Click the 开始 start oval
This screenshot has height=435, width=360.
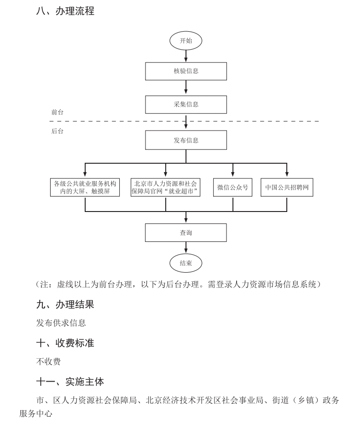[x=186, y=41]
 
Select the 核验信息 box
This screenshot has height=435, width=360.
[x=186, y=71]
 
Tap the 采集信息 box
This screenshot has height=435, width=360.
[x=186, y=104]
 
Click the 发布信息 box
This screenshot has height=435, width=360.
[x=186, y=140]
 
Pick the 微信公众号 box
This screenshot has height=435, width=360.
[x=232, y=188]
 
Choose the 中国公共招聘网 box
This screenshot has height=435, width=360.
[x=287, y=188]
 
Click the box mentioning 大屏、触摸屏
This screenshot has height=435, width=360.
[x=85, y=188]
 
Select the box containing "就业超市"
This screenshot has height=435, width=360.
[x=166, y=188]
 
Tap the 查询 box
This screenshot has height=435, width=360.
[x=186, y=233]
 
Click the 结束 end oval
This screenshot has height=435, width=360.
[x=186, y=263]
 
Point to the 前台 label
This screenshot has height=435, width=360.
[x=58, y=112]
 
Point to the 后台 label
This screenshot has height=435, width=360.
[x=58, y=131]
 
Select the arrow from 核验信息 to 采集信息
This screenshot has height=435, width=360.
[x=186, y=88]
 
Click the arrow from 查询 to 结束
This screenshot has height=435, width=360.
[x=186, y=248]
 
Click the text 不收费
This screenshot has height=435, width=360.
[x=48, y=361]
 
